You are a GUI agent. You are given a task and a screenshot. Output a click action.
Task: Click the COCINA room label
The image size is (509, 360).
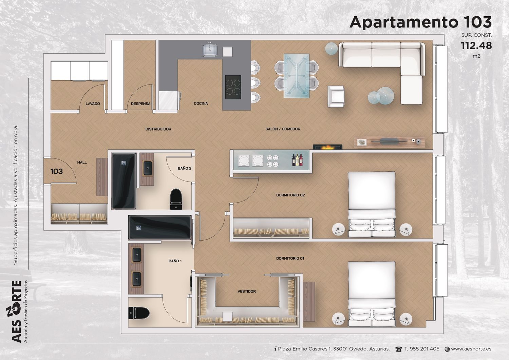click(x=201, y=103)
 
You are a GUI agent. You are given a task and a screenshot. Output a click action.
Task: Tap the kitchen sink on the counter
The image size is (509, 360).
click(x=210, y=50)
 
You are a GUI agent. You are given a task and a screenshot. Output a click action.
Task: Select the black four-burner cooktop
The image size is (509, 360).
click(x=233, y=87)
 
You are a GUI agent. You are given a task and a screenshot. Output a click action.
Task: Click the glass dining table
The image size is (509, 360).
click(x=297, y=76)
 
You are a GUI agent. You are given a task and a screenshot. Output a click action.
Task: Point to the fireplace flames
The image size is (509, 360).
click(x=327, y=148)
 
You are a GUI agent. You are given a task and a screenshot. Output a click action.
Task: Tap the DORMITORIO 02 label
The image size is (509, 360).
click(x=290, y=195)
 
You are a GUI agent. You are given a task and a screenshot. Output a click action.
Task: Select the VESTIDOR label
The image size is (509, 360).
click(x=247, y=291)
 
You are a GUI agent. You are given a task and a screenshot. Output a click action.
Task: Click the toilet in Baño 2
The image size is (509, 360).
click(x=176, y=199)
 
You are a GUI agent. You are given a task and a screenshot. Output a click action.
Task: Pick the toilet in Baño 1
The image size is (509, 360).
click(x=138, y=313)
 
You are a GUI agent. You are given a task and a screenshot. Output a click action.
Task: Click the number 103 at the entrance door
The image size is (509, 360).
click(x=56, y=171)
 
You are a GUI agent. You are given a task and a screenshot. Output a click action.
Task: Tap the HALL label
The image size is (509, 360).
click(x=82, y=162)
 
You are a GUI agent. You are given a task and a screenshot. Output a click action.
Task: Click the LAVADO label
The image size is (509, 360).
click(x=93, y=103)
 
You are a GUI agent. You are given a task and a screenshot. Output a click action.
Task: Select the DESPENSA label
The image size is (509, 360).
click(x=141, y=103)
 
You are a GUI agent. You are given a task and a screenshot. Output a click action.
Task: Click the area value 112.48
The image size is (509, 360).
click(x=476, y=46)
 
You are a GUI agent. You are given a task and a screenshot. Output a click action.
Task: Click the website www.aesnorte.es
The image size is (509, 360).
click(x=471, y=349)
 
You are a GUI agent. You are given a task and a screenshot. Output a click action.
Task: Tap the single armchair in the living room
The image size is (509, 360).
click(x=336, y=96)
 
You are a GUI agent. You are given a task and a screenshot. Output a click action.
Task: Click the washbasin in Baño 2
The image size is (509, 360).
click(x=148, y=168)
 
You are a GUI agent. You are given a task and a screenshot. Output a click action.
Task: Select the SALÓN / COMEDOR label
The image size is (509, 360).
click(x=283, y=129)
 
